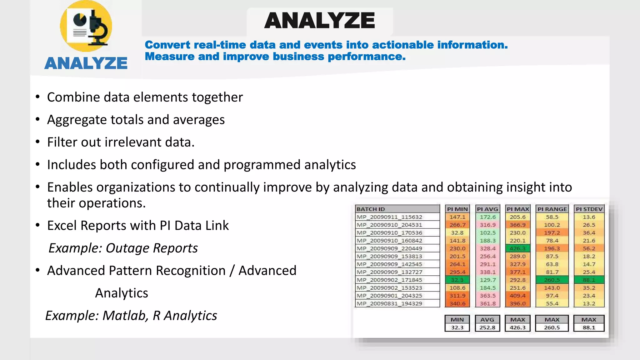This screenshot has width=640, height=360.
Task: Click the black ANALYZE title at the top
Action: [319, 21]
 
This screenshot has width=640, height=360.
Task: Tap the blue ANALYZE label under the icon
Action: [86, 63]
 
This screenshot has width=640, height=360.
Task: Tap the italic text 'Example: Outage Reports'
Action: [123, 248]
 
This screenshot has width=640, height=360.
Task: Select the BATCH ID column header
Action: [371, 209]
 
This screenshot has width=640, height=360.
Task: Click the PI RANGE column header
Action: [552, 209]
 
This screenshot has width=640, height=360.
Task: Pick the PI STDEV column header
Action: [589, 209]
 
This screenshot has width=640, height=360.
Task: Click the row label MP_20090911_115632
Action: [389, 217]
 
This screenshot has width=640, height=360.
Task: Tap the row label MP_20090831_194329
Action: [389, 303]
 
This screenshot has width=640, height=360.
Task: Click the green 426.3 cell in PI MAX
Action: [517, 248]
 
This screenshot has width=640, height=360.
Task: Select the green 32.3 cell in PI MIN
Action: [457, 280]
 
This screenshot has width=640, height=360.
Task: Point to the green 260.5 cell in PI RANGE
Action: [552, 280]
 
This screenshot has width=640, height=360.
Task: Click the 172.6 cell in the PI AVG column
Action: [487, 217]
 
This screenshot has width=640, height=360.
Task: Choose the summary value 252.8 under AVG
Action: [487, 327]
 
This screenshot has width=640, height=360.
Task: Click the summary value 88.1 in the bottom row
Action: [589, 327]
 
